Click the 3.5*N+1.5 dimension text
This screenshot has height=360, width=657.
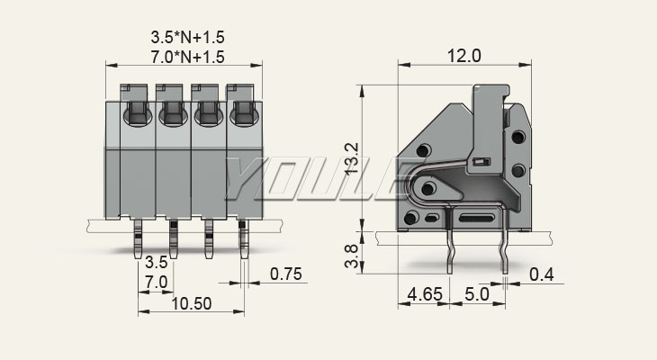coord(186,38)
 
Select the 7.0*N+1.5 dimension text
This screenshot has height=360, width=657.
coord(186,57)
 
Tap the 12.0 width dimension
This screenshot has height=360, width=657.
coord(463,56)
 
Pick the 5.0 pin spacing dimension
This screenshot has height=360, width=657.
coord(476,294)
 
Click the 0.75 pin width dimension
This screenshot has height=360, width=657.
coord(285,275)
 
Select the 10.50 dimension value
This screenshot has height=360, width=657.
coord(190,303)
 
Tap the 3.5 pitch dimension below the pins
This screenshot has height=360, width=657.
coord(156,264)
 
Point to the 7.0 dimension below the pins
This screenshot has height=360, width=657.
coord(156,283)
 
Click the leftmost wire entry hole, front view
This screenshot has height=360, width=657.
coord(138,115)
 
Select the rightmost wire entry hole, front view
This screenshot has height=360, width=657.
coord(242,115)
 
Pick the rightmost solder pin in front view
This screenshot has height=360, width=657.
coord(243,238)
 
